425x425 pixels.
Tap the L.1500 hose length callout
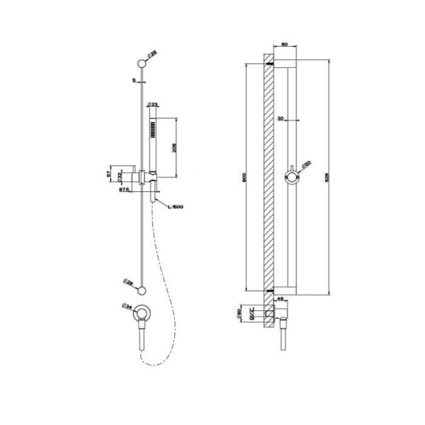pos(176,206)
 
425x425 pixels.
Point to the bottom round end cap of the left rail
pos(143,289)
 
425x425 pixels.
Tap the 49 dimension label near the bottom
pos(280,299)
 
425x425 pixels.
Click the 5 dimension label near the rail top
pos(133,80)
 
